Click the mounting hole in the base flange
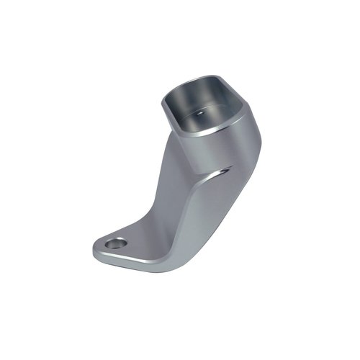pos(114,244)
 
